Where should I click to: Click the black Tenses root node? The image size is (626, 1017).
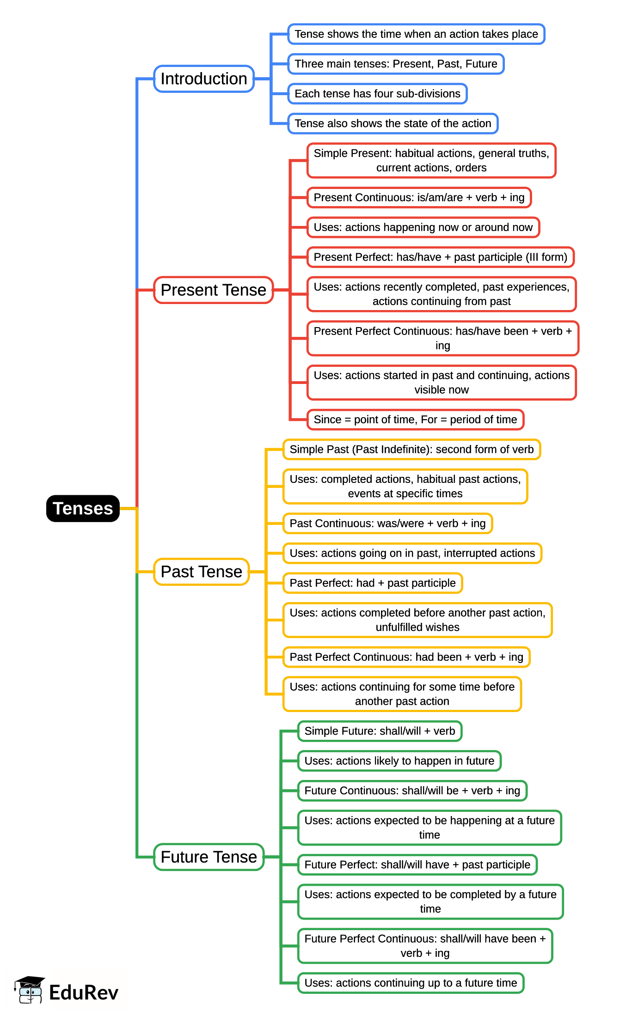(x=83, y=508)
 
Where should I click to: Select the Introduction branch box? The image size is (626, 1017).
(x=204, y=79)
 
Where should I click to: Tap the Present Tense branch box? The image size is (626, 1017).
(x=213, y=290)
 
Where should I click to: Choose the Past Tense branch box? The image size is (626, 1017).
(x=201, y=572)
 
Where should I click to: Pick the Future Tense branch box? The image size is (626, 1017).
(x=209, y=857)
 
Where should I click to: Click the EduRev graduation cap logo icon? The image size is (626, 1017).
(x=30, y=990)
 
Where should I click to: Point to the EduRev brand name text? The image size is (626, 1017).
(x=84, y=993)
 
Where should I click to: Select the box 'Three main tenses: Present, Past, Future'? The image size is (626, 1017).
(x=396, y=64)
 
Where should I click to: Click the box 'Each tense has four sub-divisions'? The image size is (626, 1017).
(x=377, y=94)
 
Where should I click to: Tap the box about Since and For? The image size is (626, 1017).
(x=415, y=420)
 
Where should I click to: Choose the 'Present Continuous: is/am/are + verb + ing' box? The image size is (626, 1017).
(x=419, y=198)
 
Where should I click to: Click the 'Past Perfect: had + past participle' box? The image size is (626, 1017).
(x=373, y=583)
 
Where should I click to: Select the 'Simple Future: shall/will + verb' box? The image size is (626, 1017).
(x=380, y=731)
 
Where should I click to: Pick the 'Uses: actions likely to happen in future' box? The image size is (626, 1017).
(x=399, y=761)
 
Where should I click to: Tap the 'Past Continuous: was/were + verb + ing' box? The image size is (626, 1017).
(x=387, y=524)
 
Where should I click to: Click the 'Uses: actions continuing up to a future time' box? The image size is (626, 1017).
(x=411, y=983)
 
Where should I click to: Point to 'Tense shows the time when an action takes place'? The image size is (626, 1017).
(x=416, y=34)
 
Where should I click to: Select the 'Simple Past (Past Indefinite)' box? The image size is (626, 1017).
(x=411, y=450)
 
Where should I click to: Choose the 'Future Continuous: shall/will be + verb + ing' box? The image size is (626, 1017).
(x=412, y=791)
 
